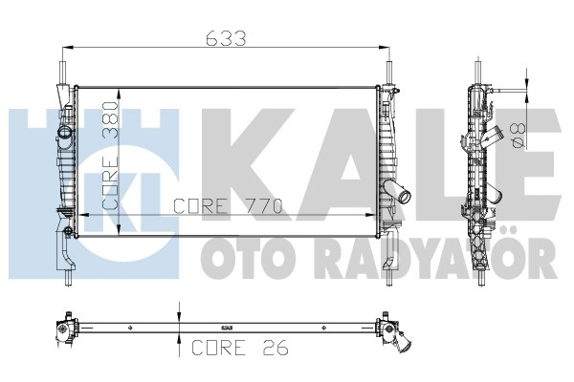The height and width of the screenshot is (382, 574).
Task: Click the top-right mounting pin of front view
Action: coord(389,73)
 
